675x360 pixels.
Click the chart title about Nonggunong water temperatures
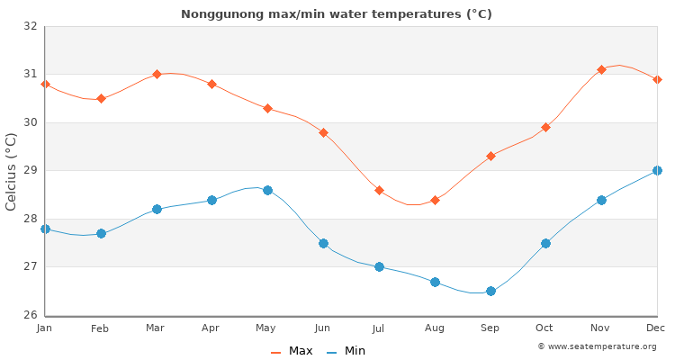pos(336,14)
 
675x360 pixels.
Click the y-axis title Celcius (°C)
pos(12,171)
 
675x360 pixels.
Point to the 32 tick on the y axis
pos(31,26)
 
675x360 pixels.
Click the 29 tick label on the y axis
pos(31,171)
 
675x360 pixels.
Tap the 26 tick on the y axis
pos(31,315)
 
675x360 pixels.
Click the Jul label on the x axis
pos(379,329)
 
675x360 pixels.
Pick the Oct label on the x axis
pos(544,329)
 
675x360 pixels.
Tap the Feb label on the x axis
pos(100,329)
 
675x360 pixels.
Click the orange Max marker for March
pos(157,74)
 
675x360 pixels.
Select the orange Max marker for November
pos(601,69)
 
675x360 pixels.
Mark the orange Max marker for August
pos(435,200)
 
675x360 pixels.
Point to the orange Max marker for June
pos(323,132)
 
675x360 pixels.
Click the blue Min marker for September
pos(490,291)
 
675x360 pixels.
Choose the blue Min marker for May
pos(267,190)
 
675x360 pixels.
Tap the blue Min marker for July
pos(379,266)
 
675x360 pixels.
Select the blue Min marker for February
pos(101,233)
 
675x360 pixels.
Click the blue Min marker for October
pos(545,243)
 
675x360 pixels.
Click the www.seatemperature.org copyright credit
pos(597,346)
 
